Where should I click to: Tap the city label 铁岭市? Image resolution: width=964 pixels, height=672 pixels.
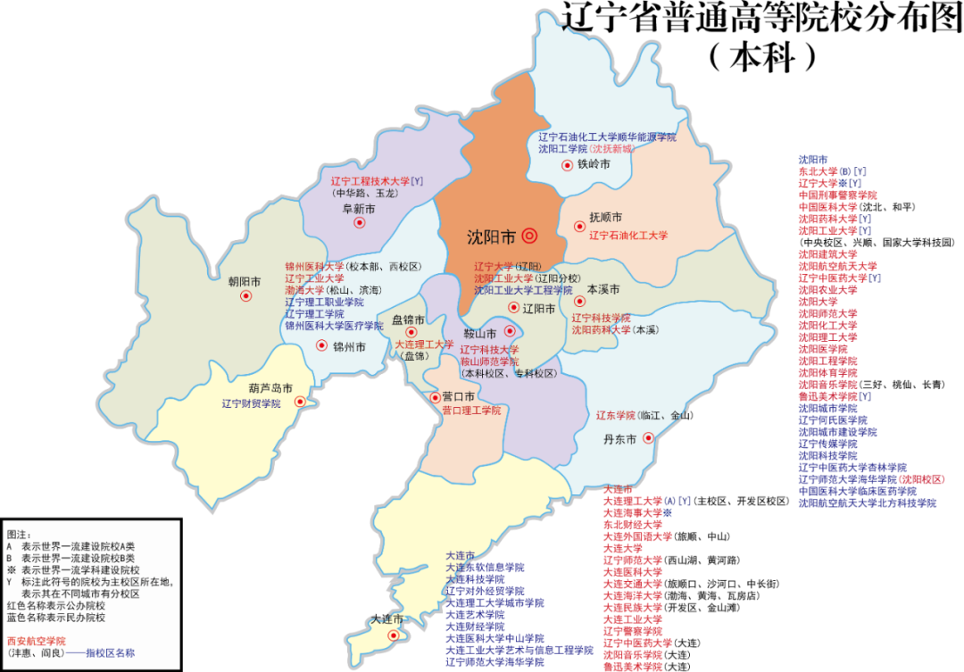click(x=594, y=165)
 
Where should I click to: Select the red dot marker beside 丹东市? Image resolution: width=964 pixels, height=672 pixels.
click(x=649, y=437)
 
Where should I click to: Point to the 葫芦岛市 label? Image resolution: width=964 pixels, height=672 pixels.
click(x=271, y=388)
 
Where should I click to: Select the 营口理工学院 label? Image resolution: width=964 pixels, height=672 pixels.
click(x=471, y=411)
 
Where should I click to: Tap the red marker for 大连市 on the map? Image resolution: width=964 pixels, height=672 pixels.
click(x=394, y=635)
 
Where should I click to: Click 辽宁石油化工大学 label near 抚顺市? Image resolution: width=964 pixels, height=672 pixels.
click(x=628, y=236)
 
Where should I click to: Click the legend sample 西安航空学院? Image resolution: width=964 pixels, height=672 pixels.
click(x=37, y=641)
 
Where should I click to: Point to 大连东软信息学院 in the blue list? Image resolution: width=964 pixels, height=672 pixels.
click(x=485, y=567)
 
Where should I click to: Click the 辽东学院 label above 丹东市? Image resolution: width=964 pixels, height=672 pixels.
click(x=616, y=415)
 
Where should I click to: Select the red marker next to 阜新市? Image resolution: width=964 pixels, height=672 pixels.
click(x=360, y=223)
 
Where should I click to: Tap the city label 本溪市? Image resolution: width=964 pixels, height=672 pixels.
click(x=603, y=290)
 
